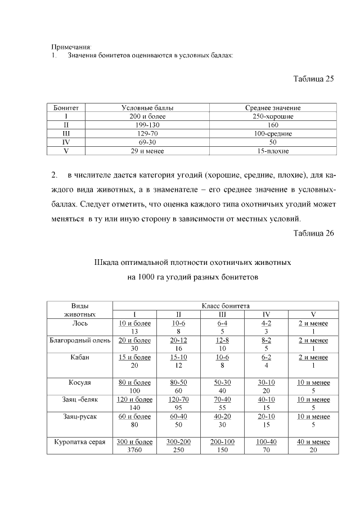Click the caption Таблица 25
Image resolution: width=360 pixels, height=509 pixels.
(314, 79)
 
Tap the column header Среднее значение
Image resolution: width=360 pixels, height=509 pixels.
(273, 107)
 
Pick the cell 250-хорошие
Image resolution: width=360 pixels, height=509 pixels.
(273, 116)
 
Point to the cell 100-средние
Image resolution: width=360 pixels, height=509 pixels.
(273, 134)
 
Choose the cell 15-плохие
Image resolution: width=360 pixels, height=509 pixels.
(273, 151)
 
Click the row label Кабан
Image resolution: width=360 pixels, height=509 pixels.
(79, 357)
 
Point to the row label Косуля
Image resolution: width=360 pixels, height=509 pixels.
(79, 382)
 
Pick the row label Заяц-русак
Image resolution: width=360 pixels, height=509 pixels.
(79, 416)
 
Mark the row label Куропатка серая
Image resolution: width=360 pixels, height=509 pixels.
(79, 442)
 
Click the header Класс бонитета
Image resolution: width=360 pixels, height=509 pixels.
(225, 305)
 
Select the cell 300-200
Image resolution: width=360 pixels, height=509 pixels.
(178, 442)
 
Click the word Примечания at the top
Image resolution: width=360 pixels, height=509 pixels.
(71, 47)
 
